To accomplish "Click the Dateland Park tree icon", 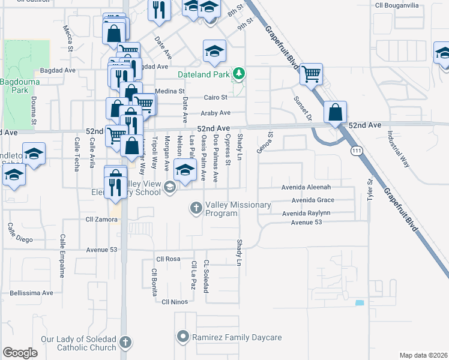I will click(240, 74).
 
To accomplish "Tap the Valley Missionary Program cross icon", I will click(195, 208).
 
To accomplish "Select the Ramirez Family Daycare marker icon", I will click(184, 337).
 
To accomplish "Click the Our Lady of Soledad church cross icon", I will click(125, 343).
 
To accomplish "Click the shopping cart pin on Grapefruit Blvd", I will click(312, 74).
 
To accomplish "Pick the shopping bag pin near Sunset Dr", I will click(335, 112).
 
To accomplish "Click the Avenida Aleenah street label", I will click(307, 187).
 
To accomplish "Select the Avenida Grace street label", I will click(312, 200).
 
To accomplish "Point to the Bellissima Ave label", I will click(31, 293).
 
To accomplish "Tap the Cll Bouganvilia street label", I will click(397, 5).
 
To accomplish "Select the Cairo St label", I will click(215, 97).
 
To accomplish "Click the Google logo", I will click(20, 353).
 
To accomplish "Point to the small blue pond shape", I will click(360, 303).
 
